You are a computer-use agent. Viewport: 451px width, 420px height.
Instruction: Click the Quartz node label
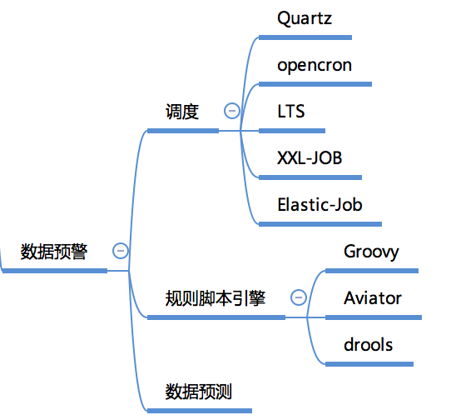pyautogui.click(x=305, y=18)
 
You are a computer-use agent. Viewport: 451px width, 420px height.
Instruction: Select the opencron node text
pyautogui.click(x=315, y=66)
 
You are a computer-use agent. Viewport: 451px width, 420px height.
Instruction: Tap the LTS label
pyautogui.click(x=290, y=111)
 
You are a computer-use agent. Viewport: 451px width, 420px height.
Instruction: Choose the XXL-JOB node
pyautogui.click(x=310, y=157)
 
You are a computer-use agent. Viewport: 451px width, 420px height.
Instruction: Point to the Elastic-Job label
pyautogui.click(x=320, y=204)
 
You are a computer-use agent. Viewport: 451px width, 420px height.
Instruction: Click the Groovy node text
pyautogui.click(x=371, y=252)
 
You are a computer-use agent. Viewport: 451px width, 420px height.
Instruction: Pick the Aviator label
pyautogui.click(x=373, y=297)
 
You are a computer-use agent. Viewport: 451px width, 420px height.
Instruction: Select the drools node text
pyautogui.click(x=368, y=344)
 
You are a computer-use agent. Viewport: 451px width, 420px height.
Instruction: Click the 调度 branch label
pyautogui.click(x=182, y=112)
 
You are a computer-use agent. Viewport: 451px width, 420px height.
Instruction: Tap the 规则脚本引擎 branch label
pyautogui.click(x=216, y=298)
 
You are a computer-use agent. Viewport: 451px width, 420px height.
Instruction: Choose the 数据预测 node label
pyautogui.click(x=199, y=392)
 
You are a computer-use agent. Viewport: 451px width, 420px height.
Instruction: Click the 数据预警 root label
pyautogui.click(x=54, y=252)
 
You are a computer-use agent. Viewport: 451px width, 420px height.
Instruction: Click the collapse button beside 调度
pyautogui.click(x=232, y=111)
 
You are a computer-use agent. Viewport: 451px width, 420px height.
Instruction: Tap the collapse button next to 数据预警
pyautogui.click(x=121, y=251)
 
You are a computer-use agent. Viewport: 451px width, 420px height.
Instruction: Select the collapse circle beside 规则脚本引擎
pyautogui.click(x=299, y=297)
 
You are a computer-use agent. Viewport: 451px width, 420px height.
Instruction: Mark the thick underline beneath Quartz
pyautogui.click(x=305, y=37)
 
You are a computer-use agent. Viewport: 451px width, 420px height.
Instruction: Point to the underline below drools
pyautogui.click(x=369, y=364)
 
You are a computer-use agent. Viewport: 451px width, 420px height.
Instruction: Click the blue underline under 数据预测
pyautogui.click(x=200, y=411)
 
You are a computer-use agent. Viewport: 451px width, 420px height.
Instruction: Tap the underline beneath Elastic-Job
pyautogui.click(x=320, y=224)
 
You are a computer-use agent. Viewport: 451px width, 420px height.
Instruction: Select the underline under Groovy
pyautogui.click(x=372, y=271)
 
